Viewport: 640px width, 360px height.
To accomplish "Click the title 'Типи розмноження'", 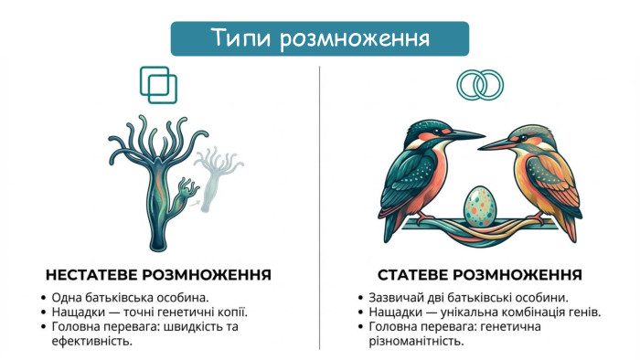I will coord(320,38).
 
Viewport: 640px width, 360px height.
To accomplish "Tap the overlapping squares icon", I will coord(159,84).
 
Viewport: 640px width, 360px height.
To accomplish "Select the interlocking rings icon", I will coord(479,85).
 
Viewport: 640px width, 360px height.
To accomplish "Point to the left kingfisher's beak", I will coord(464,136).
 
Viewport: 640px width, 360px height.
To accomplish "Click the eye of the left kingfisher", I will coord(432,128).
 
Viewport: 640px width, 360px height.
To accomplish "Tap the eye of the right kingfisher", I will coord(526,133).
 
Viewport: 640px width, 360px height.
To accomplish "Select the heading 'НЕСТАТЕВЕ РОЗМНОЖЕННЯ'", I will coord(158,274).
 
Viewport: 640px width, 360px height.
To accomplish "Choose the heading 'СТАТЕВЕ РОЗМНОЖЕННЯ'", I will coord(480,274).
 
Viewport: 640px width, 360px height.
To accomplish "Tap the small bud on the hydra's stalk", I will coord(187,191).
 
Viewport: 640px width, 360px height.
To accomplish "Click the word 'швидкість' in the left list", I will coord(197,327).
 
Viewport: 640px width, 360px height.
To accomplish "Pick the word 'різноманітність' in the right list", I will coord(416,342).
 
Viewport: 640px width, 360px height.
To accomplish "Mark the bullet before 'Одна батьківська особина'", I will coord(44,298).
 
